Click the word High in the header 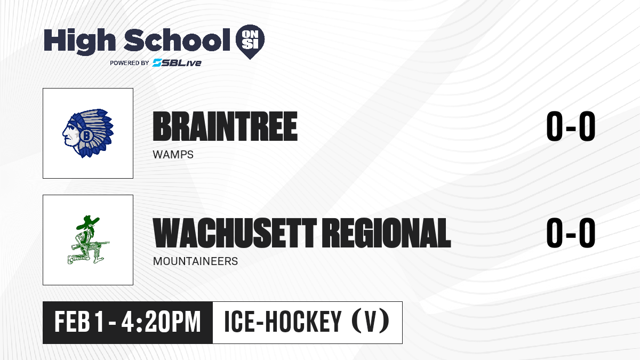tap(79, 42)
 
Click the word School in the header tap(177, 39)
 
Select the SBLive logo tap(177, 62)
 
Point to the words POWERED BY tap(130, 63)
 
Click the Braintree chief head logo tap(88, 133)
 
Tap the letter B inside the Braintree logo tap(86, 135)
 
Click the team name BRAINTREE tap(225, 126)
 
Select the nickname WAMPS tap(173, 155)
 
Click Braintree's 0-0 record tap(571, 126)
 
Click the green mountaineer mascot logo tap(89, 239)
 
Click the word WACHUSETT tap(235, 233)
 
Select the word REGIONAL tap(388, 233)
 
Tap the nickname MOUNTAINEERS tap(195, 261)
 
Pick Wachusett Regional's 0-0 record tap(571, 233)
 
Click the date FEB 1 tap(79, 322)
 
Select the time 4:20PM tap(161, 322)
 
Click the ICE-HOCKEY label tap(283, 322)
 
